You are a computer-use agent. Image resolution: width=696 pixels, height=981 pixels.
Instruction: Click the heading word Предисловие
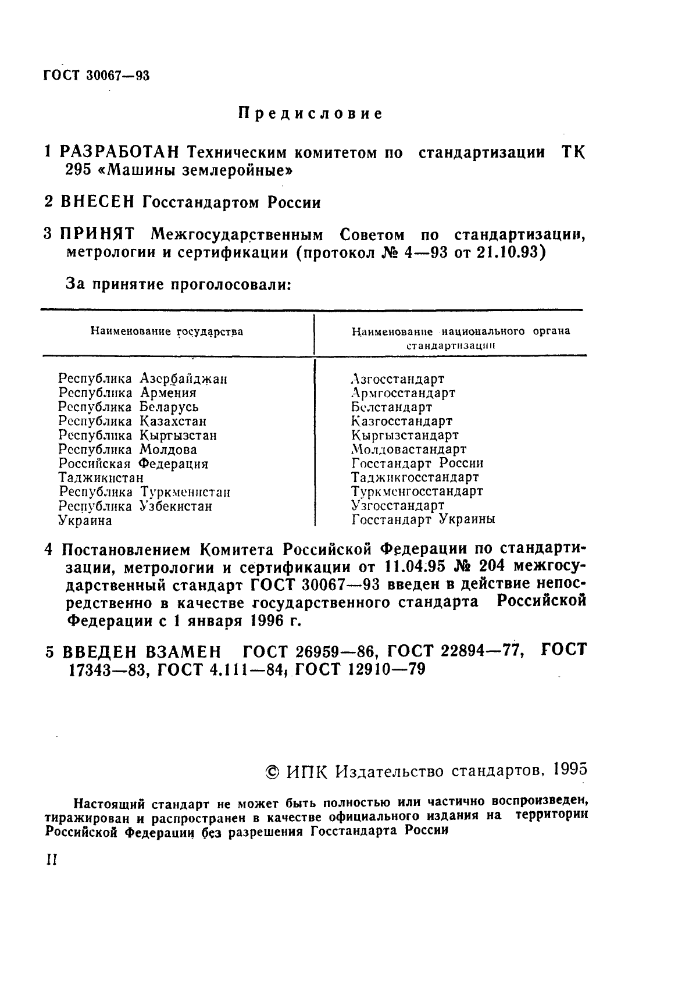[310, 113]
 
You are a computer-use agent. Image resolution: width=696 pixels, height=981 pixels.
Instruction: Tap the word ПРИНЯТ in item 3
[98, 235]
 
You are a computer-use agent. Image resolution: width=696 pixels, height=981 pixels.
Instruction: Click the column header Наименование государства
[166, 332]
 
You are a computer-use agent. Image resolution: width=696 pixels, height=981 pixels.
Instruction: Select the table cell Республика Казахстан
[132, 421]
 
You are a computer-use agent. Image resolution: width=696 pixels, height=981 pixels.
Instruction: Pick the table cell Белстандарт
[392, 407]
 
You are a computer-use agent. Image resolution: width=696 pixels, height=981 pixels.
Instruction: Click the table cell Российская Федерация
[133, 463]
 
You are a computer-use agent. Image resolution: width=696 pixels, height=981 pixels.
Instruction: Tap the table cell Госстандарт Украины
[423, 519]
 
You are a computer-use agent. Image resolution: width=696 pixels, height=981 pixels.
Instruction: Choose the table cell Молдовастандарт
[409, 450]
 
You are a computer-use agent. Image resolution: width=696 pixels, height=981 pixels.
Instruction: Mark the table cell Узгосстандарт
[398, 505]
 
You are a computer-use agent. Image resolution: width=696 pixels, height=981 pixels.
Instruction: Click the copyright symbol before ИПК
[272, 771]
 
